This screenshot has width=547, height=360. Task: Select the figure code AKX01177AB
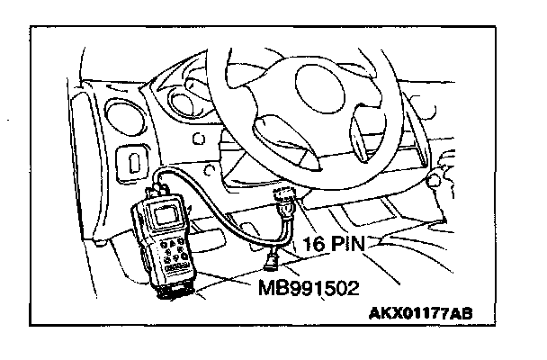421,314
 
